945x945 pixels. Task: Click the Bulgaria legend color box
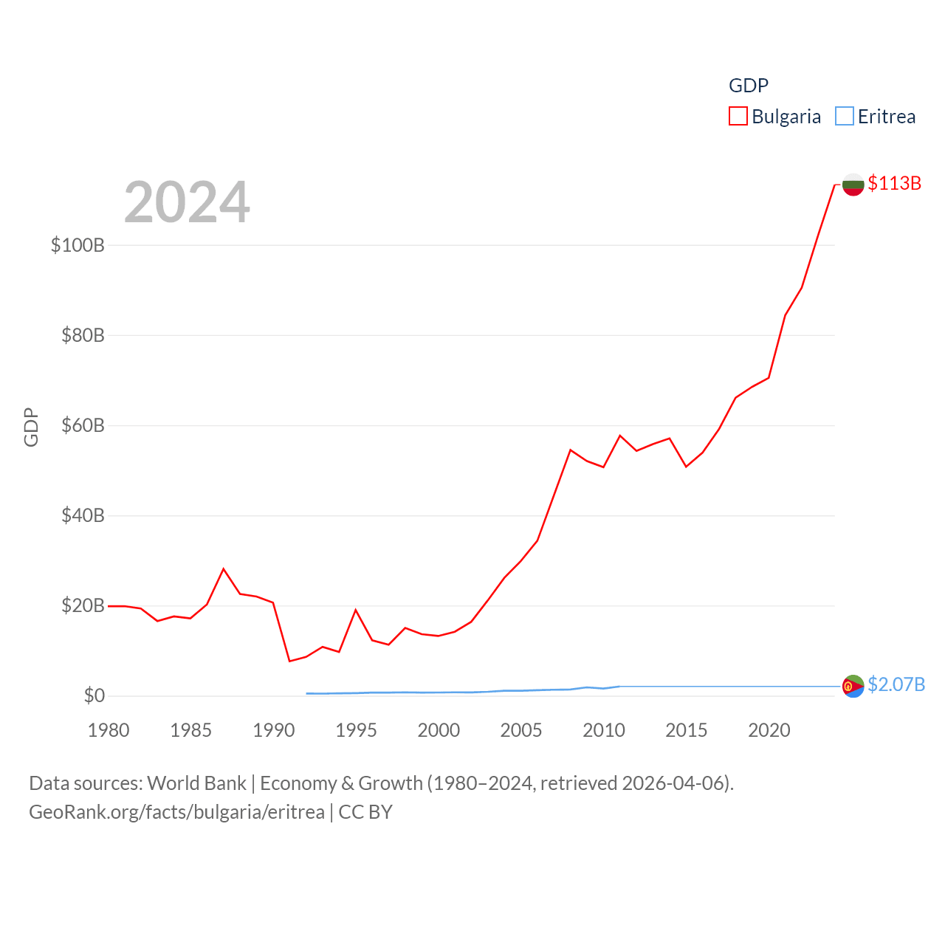pos(738,117)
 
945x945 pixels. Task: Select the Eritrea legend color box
pos(844,117)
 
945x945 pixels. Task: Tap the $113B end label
pos(894,183)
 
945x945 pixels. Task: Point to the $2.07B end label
pos(896,684)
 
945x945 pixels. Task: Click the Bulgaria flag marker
pos(853,185)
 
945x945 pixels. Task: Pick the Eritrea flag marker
pos(853,686)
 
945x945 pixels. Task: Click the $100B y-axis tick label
pos(78,245)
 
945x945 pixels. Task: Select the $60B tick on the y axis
pos(83,425)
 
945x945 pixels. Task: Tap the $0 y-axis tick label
pos(94,695)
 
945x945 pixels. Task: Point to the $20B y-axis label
pos(83,605)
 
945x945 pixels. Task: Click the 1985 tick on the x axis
pos(190,730)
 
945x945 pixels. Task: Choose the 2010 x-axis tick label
pos(603,730)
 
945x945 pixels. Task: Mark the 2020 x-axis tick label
pos(769,730)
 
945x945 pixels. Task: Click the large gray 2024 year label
pos(187,202)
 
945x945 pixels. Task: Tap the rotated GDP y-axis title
pos(31,427)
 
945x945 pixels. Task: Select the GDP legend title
pos(748,86)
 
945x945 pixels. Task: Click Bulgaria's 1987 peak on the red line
pos(224,568)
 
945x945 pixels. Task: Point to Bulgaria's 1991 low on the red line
pos(289,661)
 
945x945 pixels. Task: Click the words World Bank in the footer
pos(196,783)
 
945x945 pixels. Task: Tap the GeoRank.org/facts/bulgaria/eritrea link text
pos(176,812)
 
